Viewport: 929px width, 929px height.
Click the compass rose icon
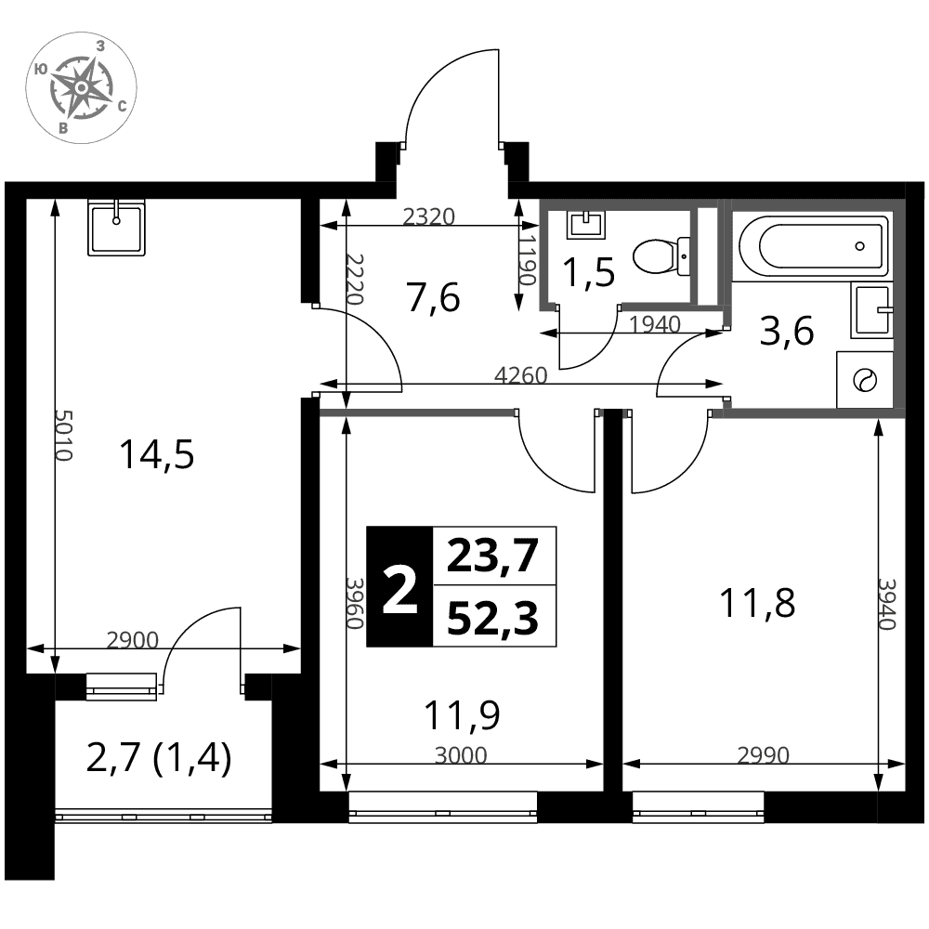pos(81,87)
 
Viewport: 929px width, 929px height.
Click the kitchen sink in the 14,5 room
pos(116,228)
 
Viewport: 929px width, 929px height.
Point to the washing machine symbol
pos(864,379)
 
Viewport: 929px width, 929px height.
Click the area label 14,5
pos(156,455)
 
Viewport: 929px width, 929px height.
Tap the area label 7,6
pos(433,297)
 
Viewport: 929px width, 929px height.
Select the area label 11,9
pos(462,714)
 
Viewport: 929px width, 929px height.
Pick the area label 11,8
pos(756,603)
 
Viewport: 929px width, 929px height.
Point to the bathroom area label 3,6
pos(787,332)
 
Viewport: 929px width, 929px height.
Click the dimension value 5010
pos(64,434)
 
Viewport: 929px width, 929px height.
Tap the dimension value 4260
pos(520,375)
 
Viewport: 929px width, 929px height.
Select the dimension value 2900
pos(133,640)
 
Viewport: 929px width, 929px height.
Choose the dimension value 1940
pos(654,324)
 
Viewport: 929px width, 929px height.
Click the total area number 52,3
pos(492,619)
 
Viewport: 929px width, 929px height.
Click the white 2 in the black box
pos(399,587)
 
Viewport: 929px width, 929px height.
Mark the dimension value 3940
pos(887,604)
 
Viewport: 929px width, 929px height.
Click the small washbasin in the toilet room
pos(586,225)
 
